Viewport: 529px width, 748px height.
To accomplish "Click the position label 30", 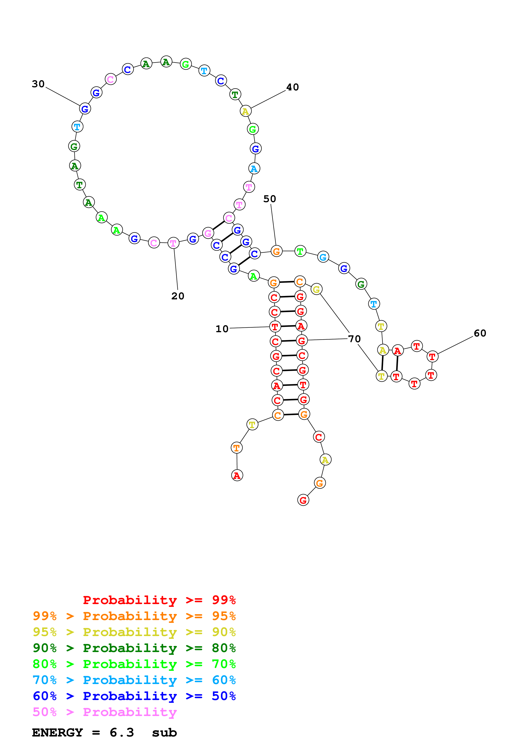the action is pos(38,84).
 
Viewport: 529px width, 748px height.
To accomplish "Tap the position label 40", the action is pos(292,87).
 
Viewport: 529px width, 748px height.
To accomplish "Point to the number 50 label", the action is pos(270,199).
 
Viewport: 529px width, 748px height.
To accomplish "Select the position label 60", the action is pos(480,333).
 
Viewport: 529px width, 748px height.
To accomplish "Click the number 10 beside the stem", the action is pos(222,329).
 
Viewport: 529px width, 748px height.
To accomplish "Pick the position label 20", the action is pos(178,296).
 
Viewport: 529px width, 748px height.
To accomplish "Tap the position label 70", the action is pos(354,339).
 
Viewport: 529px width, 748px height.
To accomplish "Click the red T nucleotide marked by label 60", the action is pos(432,357).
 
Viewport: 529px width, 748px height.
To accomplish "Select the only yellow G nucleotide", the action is pos(316,289).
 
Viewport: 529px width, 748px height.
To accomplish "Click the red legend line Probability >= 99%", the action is pos(159,600).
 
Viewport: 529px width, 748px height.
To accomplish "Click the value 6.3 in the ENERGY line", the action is pos(122,732).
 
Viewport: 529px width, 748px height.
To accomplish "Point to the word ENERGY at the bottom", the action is pos(57,732).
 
